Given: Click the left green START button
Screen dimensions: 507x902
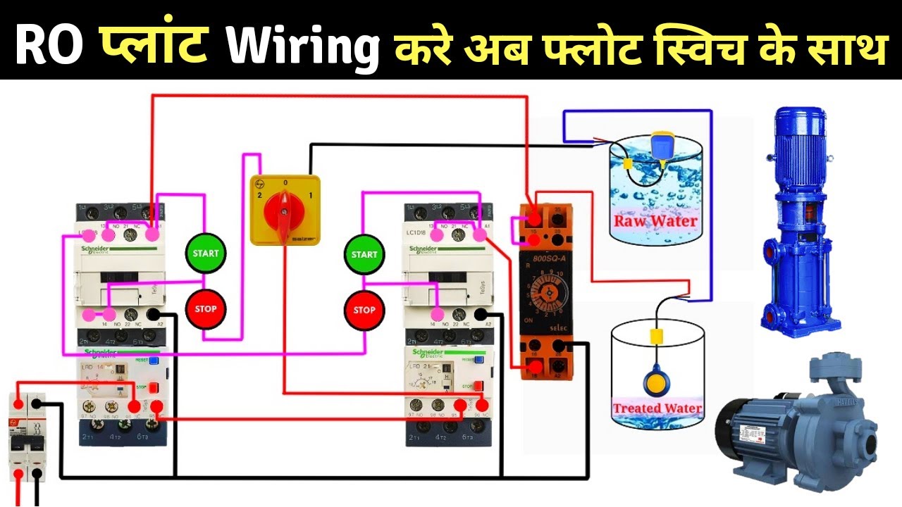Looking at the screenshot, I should (x=206, y=253).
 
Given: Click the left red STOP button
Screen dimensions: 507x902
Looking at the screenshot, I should (x=205, y=308).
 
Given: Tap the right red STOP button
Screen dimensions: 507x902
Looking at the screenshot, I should (x=364, y=310).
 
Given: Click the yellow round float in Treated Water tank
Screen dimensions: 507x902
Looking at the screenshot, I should (x=657, y=384).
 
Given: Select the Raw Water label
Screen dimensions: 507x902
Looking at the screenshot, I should (x=655, y=220).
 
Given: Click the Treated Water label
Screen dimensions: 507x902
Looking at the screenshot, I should (x=657, y=408).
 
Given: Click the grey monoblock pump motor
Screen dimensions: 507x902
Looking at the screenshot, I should (x=796, y=423).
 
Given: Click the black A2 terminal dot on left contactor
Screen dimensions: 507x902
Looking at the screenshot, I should (x=152, y=315).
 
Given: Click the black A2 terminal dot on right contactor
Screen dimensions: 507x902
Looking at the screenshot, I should (x=481, y=315).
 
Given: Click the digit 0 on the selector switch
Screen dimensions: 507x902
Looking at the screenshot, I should (x=285, y=182).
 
